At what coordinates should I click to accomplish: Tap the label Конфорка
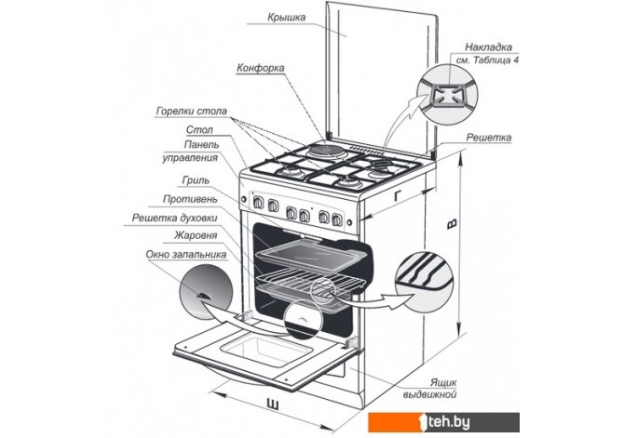[x=262, y=69]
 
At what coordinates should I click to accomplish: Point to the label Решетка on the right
[x=490, y=138]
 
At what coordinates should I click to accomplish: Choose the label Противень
[x=191, y=200]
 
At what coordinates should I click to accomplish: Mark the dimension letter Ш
[x=271, y=402]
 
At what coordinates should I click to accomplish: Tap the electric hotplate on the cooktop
[x=323, y=152]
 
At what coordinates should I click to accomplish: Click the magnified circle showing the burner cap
[x=443, y=93]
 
